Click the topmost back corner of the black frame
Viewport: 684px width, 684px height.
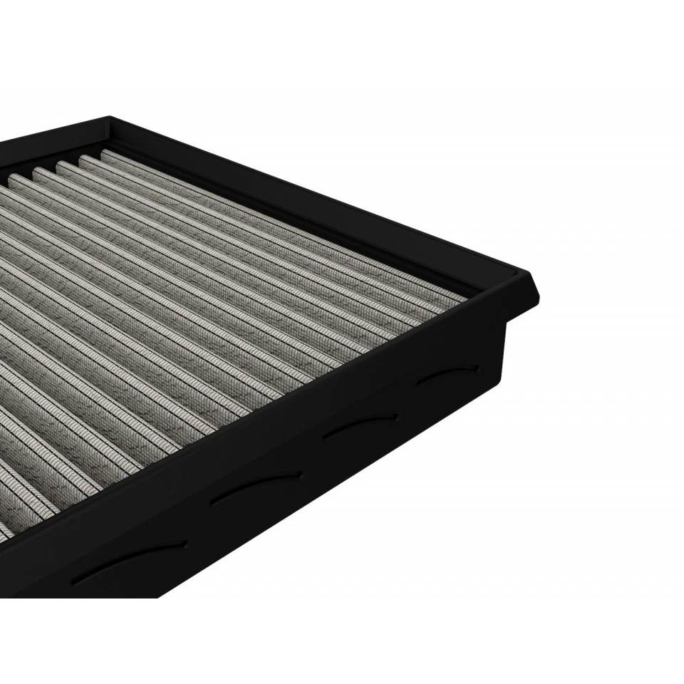point(108,118)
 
